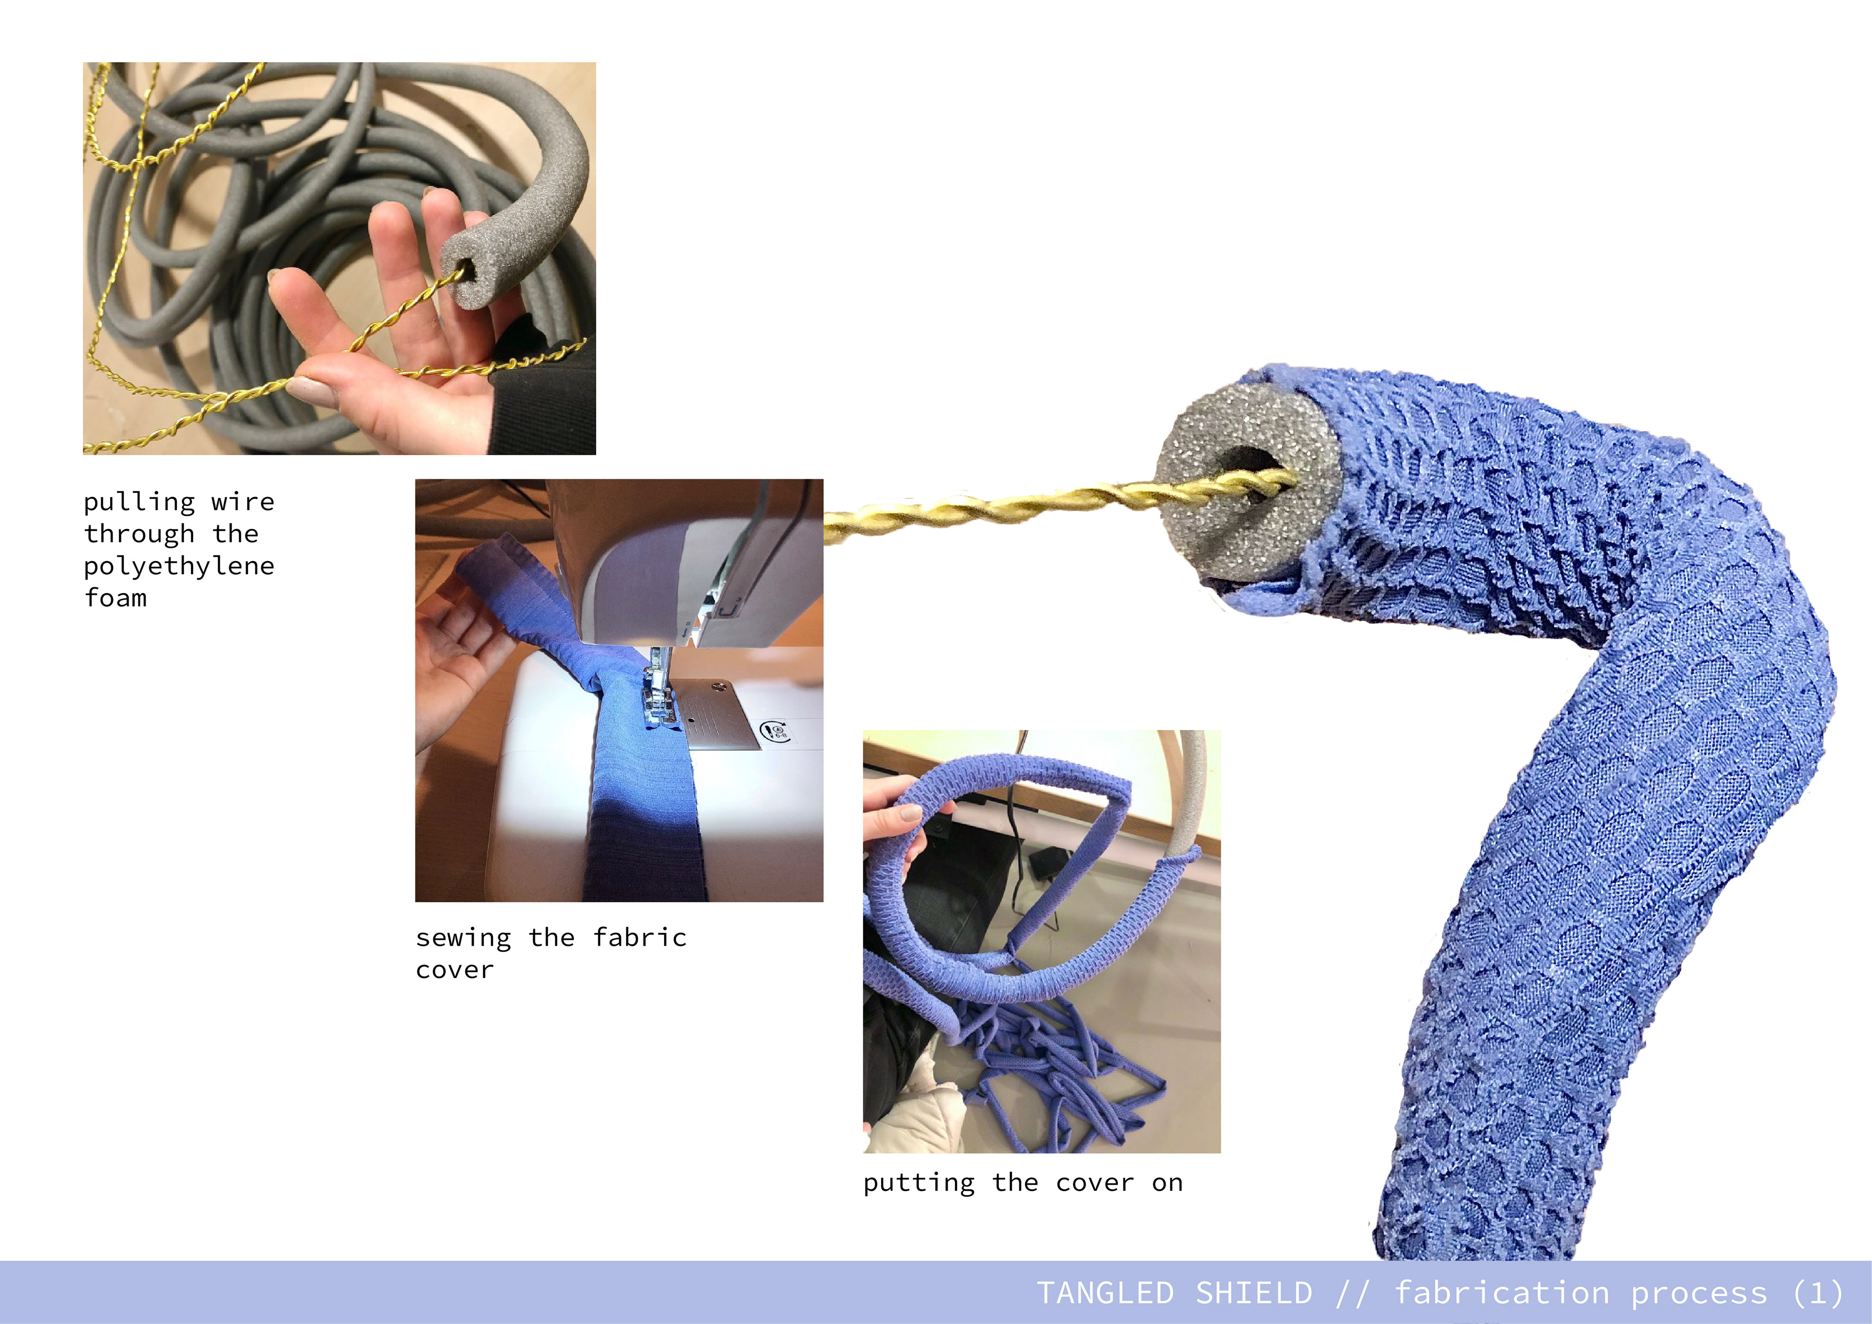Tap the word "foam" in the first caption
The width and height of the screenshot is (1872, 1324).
click(116, 598)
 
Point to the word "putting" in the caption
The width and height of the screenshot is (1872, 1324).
click(919, 1184)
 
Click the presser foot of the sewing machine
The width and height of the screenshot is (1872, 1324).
click(658, 700)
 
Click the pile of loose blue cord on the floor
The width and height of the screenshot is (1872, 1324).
click(1060, 1068)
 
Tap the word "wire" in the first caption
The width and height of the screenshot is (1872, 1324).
click(242, 502)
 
